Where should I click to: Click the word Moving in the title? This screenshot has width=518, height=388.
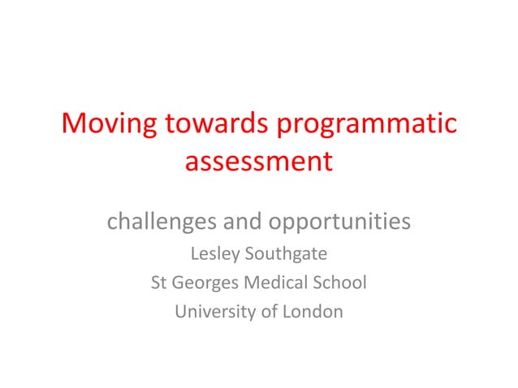click(x=110, y=124)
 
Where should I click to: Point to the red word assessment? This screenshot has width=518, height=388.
click(x=258, y=161)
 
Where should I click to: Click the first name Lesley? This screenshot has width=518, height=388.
click(x=215, y=255)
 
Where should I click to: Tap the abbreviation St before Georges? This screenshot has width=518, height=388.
click(x=159, y=283)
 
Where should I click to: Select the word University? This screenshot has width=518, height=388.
click(x=214, y=311)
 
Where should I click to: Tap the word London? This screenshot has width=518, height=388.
click(x=313, y=311)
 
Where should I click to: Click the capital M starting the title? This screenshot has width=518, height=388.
click(x=76, y=124)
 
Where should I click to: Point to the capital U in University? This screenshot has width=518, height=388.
click(x=180, y=311)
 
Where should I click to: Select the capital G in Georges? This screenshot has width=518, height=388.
click(x=179, y=283)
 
